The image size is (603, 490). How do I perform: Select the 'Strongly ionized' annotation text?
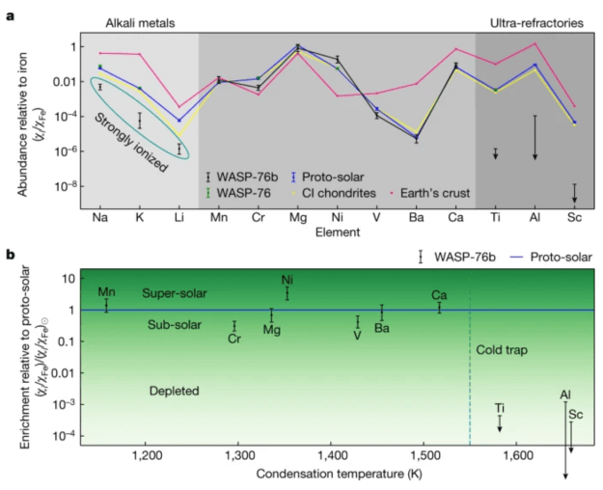(x=128, y=142)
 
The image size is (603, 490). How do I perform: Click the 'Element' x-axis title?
(x=337, y=232)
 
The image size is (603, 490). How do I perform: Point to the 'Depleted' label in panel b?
(x=174, y=391)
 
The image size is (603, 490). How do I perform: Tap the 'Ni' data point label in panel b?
(x=288, y=280)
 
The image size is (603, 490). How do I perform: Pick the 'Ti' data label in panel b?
(x=500, y=408)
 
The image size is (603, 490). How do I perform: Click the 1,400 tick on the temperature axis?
(x=331, y=453)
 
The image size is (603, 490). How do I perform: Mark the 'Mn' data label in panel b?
(x=106, y=291)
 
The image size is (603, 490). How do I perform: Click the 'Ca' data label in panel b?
(x=439, y=294)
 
